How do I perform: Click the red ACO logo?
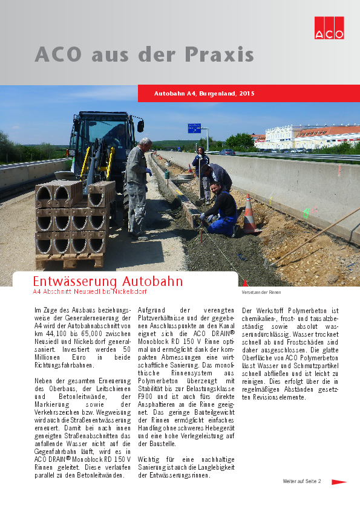329,27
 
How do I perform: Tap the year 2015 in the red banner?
247,94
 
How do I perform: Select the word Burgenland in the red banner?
218,94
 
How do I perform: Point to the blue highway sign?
194,128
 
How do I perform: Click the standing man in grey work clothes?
137,186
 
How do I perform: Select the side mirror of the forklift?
140,126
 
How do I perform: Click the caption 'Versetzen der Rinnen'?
261,293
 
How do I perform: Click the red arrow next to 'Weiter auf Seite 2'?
338,482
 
